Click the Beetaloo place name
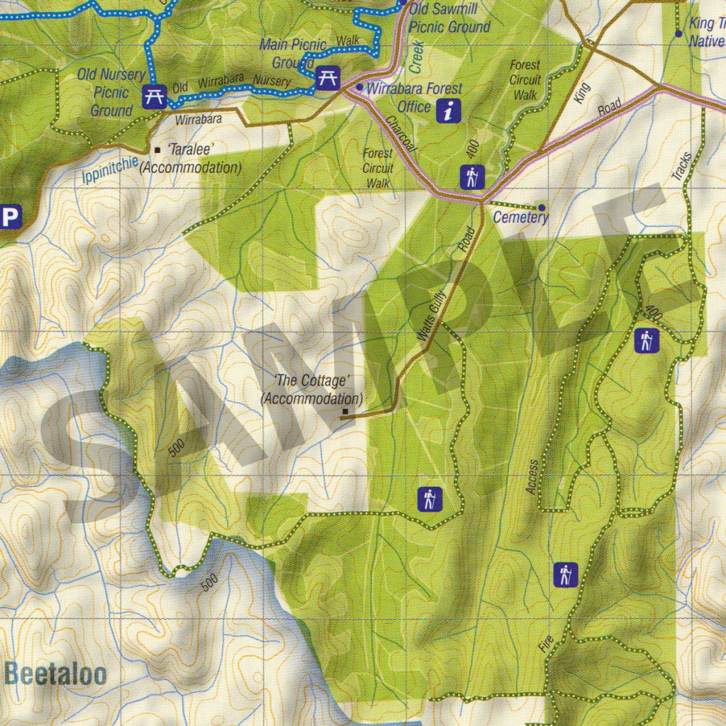click(55, 673)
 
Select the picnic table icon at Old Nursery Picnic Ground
click(153, 96)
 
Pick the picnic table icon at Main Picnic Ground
click(325, 77)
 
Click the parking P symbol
click(9, 217)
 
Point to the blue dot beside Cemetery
click(542, 208)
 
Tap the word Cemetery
click(520, 218)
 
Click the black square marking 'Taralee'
click(157, 150)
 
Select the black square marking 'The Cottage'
click(345, 412)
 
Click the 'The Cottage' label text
click(312, 381)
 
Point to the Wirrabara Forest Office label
click(414, 98)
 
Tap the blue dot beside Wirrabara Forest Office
click(359, 88)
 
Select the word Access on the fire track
click(532, 476)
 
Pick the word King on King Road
click(582, 94)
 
